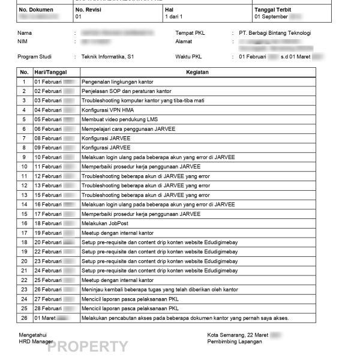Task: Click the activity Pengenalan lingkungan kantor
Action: (122, 82)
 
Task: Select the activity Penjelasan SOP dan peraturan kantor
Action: (124, 91)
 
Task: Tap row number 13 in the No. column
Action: (24, 185)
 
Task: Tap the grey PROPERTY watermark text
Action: (88, 347)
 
